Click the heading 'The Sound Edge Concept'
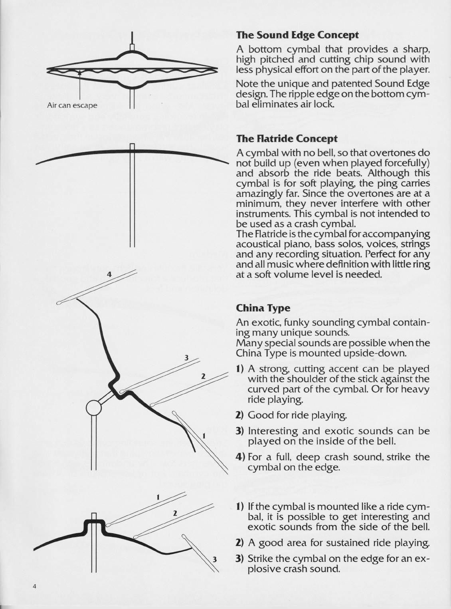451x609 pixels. pyautogui.click(x=297, y=35)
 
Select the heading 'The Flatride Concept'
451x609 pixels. pyautogui.click(x=287, y=139)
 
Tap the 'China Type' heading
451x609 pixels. pyautogui.click(x=263, y=308)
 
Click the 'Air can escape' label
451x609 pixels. pyautogui.click(x=72, y=105)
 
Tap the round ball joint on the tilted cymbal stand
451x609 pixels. pyautogui.click(x=94, y=408)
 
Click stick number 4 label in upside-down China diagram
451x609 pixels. pyautogui.click(x=109, y=275)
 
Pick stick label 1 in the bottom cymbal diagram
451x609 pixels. pyautogui.click(x=158, y=497)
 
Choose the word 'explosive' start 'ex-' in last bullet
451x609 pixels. pyautogui.click(x=421, y=558)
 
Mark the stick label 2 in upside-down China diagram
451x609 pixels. pyautogui.click(x=203, y=376)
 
